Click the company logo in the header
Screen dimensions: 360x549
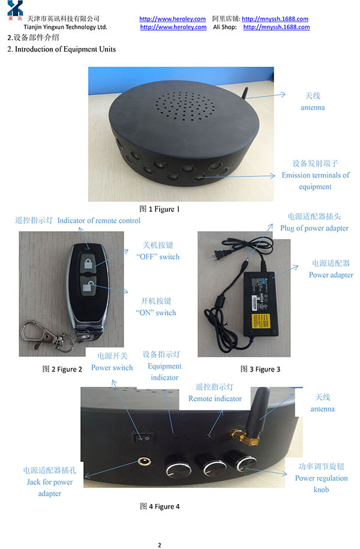pos(15,10)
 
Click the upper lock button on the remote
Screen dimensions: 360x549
pos(88,263)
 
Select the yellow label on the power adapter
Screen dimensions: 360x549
pos(261,321)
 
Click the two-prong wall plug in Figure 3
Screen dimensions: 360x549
pos(218,255)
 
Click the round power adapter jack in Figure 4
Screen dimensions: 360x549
pos(144,461)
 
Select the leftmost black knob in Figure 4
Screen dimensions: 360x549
pos(178,466)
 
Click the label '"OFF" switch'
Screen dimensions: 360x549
pos(158,257)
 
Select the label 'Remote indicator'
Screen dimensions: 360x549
pos(215,398)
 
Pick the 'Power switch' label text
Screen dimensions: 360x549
pos(112,368)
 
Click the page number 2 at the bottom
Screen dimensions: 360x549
pos(160,545)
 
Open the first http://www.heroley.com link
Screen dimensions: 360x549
pos(172,19)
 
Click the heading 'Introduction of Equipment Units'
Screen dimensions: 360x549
pos(65,49)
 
